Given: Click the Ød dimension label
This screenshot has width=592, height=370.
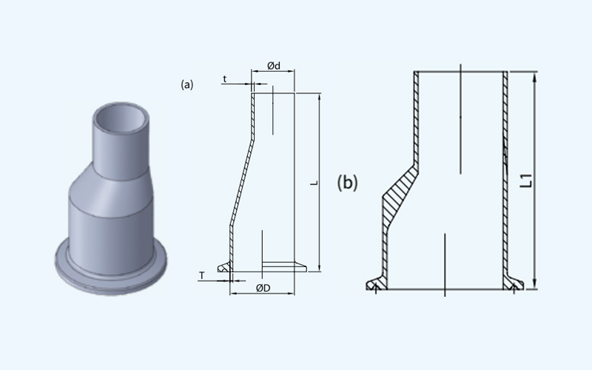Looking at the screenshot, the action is pyautogui.click(x=274, y=66).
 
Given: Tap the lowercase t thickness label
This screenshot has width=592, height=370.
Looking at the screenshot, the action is pyautogui.click(x=225, y=79).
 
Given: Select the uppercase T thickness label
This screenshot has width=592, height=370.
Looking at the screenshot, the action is pyautogui.click(x=201, y=275).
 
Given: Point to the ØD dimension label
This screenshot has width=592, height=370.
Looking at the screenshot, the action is pyautogui.click(x=263, y=288).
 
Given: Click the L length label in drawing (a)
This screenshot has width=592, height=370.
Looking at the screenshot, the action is pyautogui.click(x=314, y=183).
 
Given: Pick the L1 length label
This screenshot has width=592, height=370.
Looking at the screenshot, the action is pyautogui.click(x=526, y=181).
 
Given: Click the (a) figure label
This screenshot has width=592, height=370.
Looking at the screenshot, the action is pyautogui.click(x=187, y=84).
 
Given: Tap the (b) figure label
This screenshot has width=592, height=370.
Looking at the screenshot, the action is pyautogui.click(x=347, y=183).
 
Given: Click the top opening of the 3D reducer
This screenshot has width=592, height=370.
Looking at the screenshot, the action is pyautogui.click(x=121, y=118).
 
